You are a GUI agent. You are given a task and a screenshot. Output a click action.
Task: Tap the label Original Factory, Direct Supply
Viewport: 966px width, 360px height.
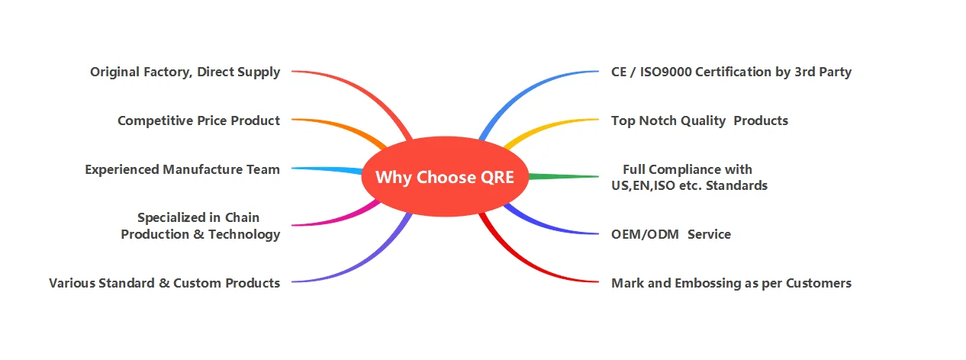click(x=185, y=72)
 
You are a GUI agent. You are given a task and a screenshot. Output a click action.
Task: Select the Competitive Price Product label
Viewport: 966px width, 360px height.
click(x=198, y=121)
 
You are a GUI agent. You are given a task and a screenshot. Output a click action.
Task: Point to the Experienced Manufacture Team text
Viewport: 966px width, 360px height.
click(x=182, y=169)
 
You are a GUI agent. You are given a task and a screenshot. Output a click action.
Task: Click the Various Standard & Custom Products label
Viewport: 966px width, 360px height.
click(x=164, y=283)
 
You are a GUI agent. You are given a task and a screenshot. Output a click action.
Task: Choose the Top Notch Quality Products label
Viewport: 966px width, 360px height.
click(x=699, y=121)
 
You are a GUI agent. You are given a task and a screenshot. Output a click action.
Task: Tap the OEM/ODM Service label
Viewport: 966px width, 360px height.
click(x=671, y=234)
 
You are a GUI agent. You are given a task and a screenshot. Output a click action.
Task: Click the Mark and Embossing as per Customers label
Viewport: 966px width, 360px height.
click(x=731, y=283)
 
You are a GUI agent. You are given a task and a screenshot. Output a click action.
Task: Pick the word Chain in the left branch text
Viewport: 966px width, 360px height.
click(x=242, y=218)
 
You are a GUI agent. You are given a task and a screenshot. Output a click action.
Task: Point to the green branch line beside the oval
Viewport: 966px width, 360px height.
click(x=565, y=176)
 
